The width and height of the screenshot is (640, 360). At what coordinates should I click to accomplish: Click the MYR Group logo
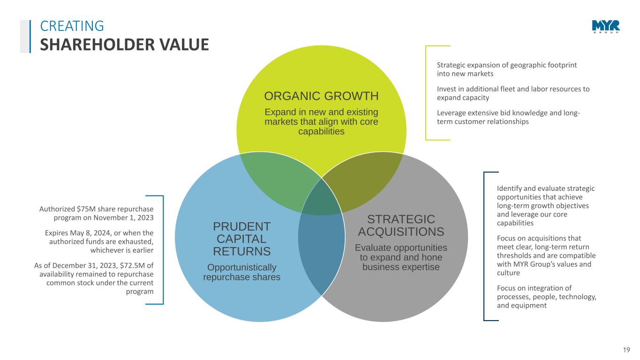tap(606, 27)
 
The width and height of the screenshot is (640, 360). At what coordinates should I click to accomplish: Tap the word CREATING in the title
tap(72, 26)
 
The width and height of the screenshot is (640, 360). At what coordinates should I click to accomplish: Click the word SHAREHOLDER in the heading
tap(97, 45)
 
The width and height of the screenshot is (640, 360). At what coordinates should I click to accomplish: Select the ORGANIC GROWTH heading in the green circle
tap(321, 96)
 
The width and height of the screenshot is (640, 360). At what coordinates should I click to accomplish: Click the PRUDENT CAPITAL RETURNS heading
tap(242, 239)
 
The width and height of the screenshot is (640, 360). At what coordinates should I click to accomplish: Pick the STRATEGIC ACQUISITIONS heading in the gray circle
tap(401, 225)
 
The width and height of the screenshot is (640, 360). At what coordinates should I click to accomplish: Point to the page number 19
tap(626, 350)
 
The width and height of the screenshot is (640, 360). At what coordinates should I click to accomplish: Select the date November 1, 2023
tap(123, 217)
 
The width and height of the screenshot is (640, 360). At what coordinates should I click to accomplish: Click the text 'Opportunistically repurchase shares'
tap(242, 272)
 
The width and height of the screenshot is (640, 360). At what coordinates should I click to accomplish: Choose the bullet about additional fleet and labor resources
tap(513, 93)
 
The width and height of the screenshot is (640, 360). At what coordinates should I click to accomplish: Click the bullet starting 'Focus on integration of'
tap(547, 297)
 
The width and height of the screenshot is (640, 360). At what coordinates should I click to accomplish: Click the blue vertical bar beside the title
tap(30, 36)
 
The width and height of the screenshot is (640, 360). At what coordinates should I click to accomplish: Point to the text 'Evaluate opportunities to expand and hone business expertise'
tap(401, 257)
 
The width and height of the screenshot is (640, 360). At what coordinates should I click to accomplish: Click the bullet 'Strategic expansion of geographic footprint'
tap(507, 69)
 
